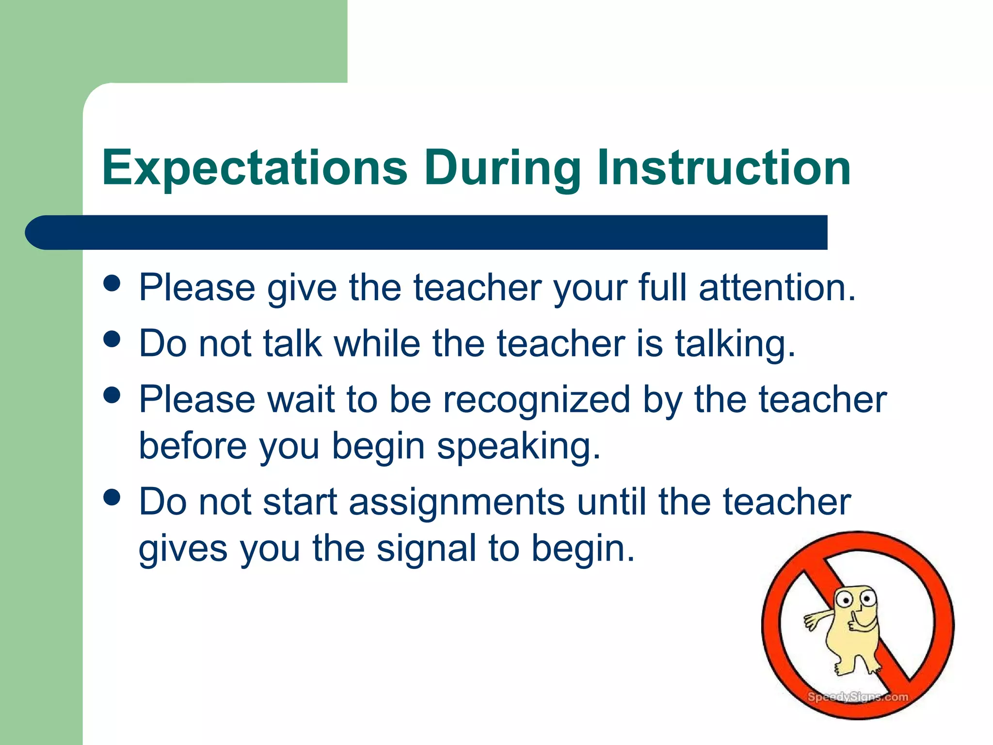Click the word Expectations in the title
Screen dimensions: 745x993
255,168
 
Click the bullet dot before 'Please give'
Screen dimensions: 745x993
112,283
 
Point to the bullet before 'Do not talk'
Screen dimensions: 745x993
112,339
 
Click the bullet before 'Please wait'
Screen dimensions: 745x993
112,395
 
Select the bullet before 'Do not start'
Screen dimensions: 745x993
112,497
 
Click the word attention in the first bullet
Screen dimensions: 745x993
777,288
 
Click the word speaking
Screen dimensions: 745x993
518,447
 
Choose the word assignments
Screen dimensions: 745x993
457,502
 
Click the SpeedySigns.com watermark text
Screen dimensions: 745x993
857,697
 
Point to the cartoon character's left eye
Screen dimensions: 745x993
846,600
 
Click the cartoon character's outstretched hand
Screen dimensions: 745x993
811,621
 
